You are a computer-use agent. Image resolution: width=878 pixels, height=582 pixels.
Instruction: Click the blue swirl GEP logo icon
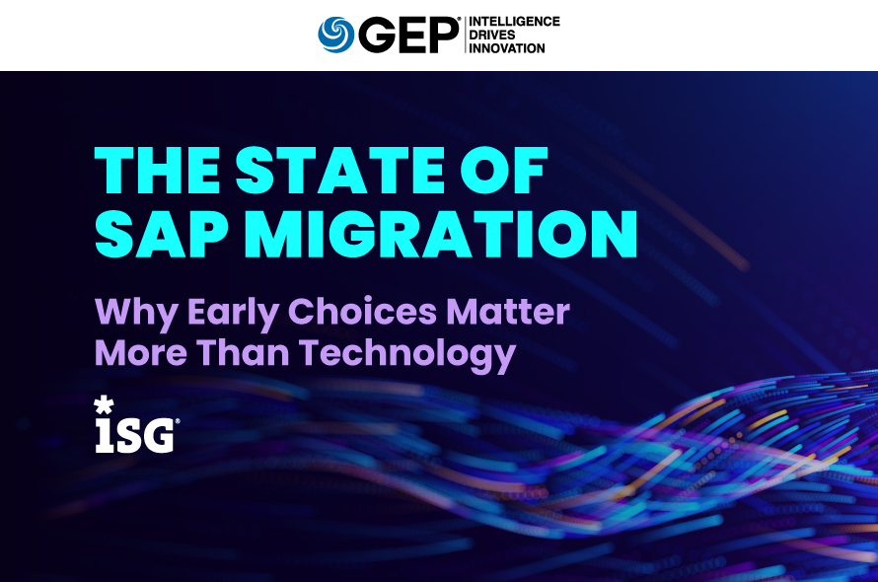(335, 35)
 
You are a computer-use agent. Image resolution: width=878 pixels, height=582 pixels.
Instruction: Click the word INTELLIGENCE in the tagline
(513, 21)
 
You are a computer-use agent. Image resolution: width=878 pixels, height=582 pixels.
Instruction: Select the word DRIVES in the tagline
(492, 35)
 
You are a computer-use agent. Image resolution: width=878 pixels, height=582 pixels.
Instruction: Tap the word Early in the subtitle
(233, 315)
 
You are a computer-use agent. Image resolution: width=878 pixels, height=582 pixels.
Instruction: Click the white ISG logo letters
(136, 434)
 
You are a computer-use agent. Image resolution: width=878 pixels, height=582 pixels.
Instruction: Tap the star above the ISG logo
(103, 403)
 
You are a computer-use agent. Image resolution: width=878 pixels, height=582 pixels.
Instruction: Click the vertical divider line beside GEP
(463, 35)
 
